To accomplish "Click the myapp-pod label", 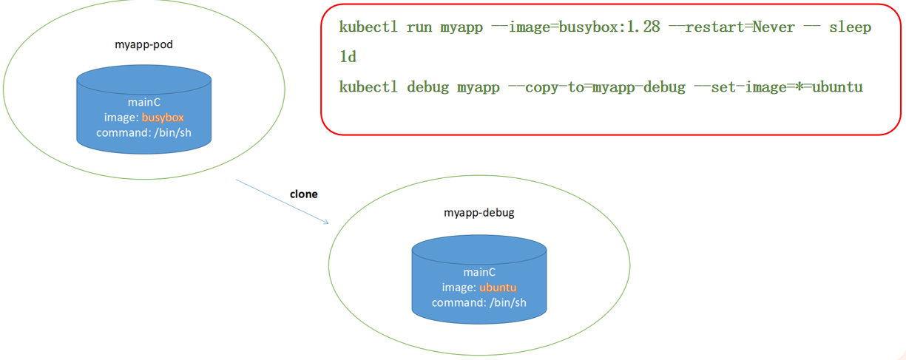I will pyautogui.click(x=143, y=45).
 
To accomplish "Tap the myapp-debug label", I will pyautogui.click(x=479, y=213).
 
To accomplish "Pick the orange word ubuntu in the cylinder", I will pyautogui.click(x=498, y=288).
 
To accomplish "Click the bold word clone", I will pyautogui.click(x=303, y=194).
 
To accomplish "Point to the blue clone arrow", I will pyautogui.click(x=282, y=201).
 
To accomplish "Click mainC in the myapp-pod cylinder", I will pyautogui.click(x=143, y=103).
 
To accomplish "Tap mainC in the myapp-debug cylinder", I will pyautogui.click(x=479, y=272).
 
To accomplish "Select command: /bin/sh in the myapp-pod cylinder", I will pyautogui.click(x=143, y=133).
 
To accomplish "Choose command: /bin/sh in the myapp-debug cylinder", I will pyautogui.click(x=479, y=302).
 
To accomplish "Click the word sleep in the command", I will pyautogui.click(x=850, y=27).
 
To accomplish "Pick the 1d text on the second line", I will pyautogui.click(x=348, y=57).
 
